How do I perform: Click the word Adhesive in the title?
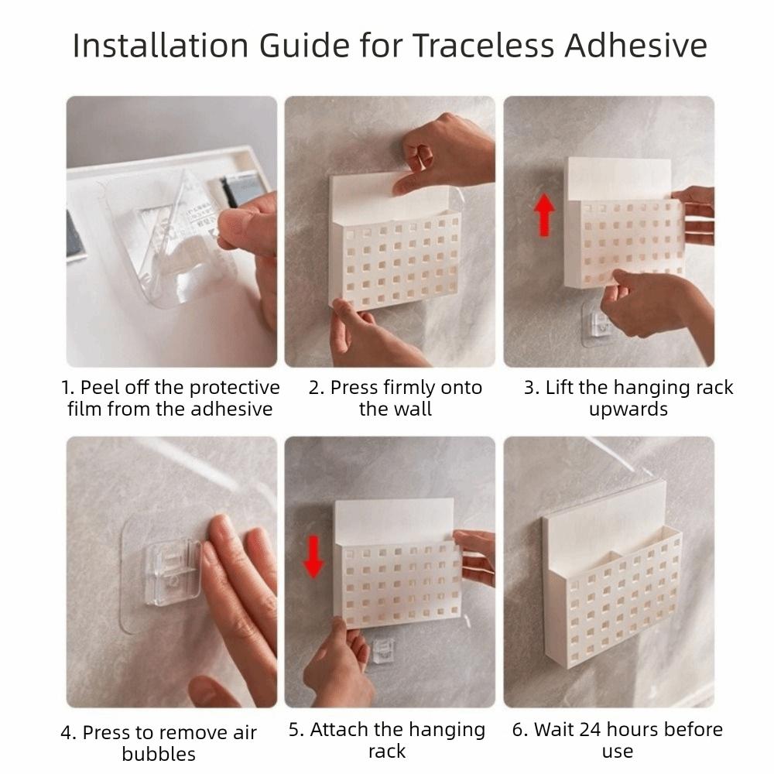pos(635,46)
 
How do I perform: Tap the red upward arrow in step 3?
pos(545,215)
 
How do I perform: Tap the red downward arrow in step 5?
pos(313,558)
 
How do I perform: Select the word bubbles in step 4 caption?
pos(159,753)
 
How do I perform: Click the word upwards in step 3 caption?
pos(628,409)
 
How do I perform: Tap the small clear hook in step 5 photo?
pos(382,649)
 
